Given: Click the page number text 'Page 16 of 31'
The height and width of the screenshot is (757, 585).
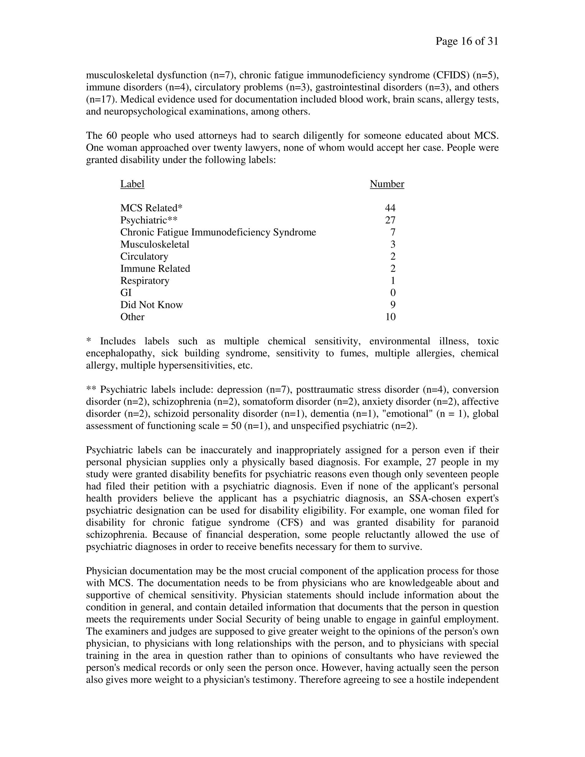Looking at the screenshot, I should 466,42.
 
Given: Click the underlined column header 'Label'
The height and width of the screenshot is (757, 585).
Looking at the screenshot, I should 132,184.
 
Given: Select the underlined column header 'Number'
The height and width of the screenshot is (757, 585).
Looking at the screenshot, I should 387,184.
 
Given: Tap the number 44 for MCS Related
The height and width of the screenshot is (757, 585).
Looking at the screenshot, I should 390,208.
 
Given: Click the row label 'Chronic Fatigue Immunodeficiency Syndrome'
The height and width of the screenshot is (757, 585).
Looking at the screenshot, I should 218,232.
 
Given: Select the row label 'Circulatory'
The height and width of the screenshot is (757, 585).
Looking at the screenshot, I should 144,257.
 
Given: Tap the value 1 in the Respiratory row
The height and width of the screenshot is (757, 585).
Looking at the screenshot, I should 393,281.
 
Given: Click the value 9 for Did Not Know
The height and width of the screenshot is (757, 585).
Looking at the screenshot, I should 393,305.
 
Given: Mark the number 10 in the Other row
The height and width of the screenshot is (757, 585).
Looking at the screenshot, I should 390,317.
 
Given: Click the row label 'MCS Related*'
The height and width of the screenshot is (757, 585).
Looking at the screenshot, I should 151,208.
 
